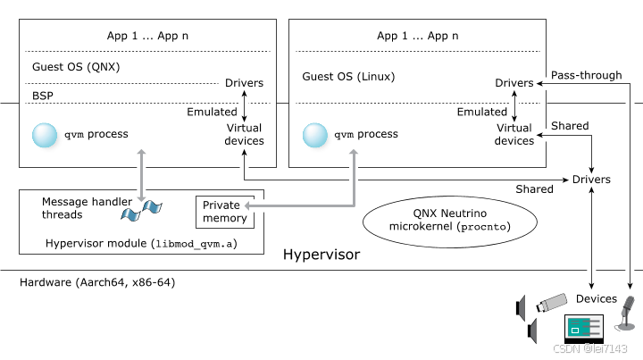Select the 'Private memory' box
point(225,212)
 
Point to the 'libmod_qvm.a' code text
point(195,244)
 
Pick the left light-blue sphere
point(47,138)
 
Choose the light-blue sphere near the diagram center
point(317,138)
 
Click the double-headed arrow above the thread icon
point(141,174)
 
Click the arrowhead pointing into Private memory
point(249,206)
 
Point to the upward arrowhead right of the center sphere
point(354,154)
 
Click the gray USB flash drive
point(553,304)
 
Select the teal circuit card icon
point(583,326)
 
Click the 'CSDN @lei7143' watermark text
point(589,348)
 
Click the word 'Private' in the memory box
point(221,205)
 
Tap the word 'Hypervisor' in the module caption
point(71,244)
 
